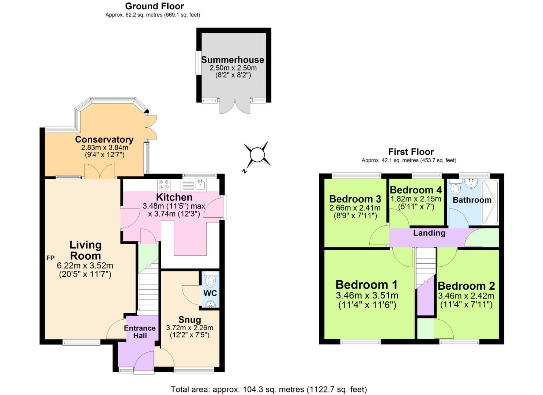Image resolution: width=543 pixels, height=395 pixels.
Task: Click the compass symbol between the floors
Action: click(x=257, y=155)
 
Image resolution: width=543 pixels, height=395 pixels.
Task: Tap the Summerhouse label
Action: click(x=233, y=60)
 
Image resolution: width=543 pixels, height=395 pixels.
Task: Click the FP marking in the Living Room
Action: click(x=50, y=258)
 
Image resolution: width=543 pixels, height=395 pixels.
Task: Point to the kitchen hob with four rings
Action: click(x=163, y=185)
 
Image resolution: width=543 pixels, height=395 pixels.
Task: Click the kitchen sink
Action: click(x=200, y=185)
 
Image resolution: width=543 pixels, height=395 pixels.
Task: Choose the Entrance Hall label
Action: click(x=140, y=332)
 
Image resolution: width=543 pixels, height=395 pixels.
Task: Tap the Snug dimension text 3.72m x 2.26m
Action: click(x=189, y=328)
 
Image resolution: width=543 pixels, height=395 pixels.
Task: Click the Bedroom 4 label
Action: click(x=416, y=190)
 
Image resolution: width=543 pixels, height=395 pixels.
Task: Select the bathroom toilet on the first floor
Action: click(x=456, y=188)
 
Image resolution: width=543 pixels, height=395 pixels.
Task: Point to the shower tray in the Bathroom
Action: click(x=490, y=202)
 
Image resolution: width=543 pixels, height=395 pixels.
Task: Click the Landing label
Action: click(x=429, y=233)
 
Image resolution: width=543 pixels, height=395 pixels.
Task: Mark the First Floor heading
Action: click(x=411, y=152)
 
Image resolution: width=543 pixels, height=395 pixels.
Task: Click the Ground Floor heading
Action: click(x=154, y=6)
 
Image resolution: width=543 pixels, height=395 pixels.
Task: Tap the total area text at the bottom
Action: click(x=269, y=389)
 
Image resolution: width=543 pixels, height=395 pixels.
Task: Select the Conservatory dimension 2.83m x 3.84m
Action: click(x=105, y=147)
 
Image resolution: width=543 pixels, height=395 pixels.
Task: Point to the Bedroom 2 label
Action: click(x=466, y=286)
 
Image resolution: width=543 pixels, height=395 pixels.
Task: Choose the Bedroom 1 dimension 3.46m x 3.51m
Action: click(x=367, y=296)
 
